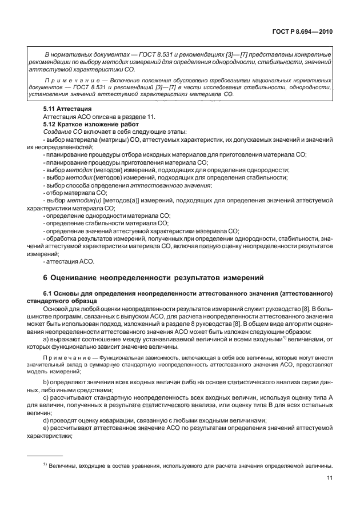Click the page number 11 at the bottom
coord(330,478)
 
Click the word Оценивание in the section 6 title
coord(80,278)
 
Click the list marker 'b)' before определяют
coord(46,380)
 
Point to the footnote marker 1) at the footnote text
coord(45,465)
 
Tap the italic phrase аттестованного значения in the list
coord(171,185)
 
